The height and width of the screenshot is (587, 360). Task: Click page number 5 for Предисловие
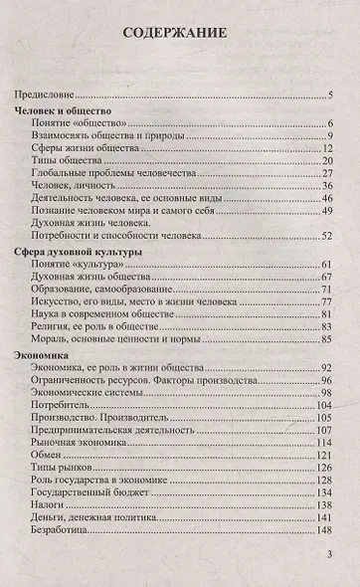(x=327, y=96)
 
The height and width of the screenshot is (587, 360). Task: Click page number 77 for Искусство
(x=325, y=303)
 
